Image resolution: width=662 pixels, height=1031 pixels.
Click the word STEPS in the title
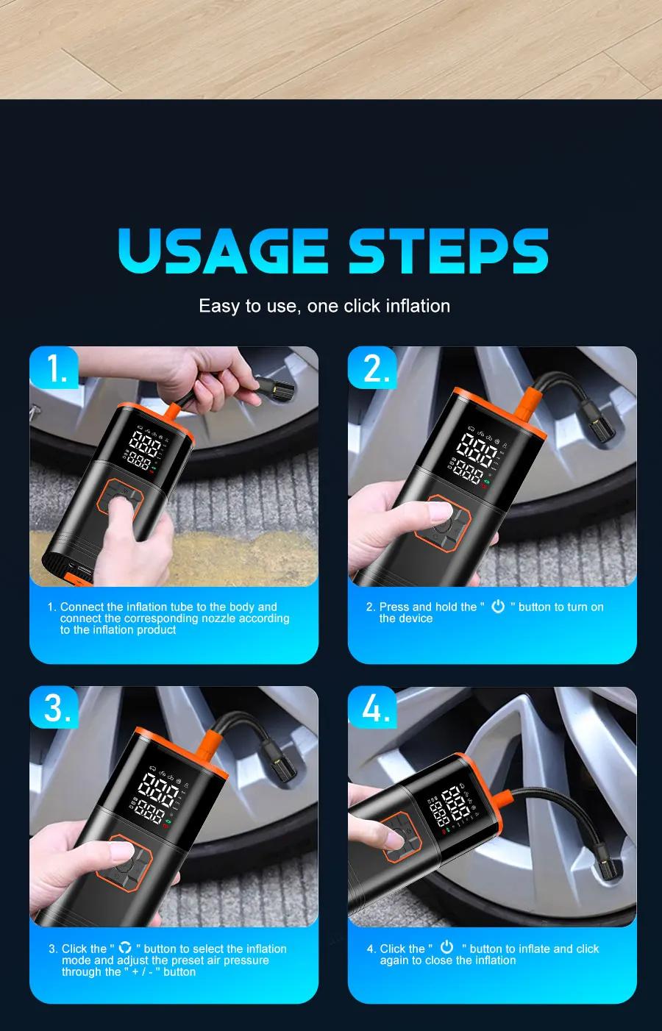(x=448, y=251)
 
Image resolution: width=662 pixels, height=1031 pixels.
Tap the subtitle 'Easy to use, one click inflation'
(x=324, y=306)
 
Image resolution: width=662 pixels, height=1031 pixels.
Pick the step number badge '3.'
(x=57, y=707)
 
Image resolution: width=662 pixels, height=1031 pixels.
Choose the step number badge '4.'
(x=375, y=707)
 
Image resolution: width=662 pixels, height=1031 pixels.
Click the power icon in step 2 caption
(x=498, y=607)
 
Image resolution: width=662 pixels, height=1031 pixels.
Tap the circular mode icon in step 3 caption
(x=125, y=948)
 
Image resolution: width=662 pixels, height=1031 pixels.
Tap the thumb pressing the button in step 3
(x=124, y=853)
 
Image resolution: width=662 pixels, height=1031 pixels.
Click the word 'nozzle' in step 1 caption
(x=230, y=618)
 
